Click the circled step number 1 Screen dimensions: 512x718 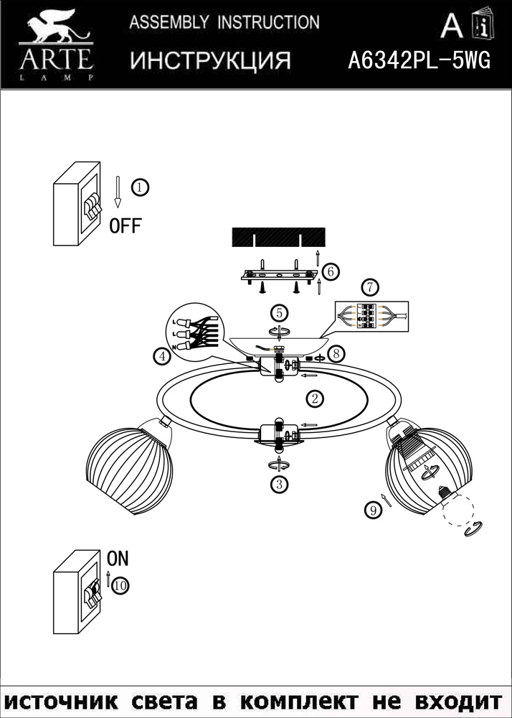click(141, 187)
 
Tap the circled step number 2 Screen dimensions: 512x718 click(315, 398)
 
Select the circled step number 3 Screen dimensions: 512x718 click(279, 484)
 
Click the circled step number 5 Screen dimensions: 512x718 click(279, 314)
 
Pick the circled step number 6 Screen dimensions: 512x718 click(331, 271)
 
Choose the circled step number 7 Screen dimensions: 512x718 click(370, 288)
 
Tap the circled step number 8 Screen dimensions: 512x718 click(336, 353)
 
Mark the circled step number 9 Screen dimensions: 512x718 click(374, 510)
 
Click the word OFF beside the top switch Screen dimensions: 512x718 click(125, 225)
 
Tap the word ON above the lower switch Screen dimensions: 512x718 click(118, 559)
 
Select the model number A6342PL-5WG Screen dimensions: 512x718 click(419, 60)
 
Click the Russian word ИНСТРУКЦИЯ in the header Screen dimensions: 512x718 click(210, 60)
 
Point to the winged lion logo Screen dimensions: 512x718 click(57, 29)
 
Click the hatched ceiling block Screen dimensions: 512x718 click(278, 237)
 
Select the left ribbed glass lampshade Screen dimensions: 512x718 click(129, 470)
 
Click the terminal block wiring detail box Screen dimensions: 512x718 click(371, 316)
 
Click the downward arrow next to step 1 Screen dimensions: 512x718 click(118, 192)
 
